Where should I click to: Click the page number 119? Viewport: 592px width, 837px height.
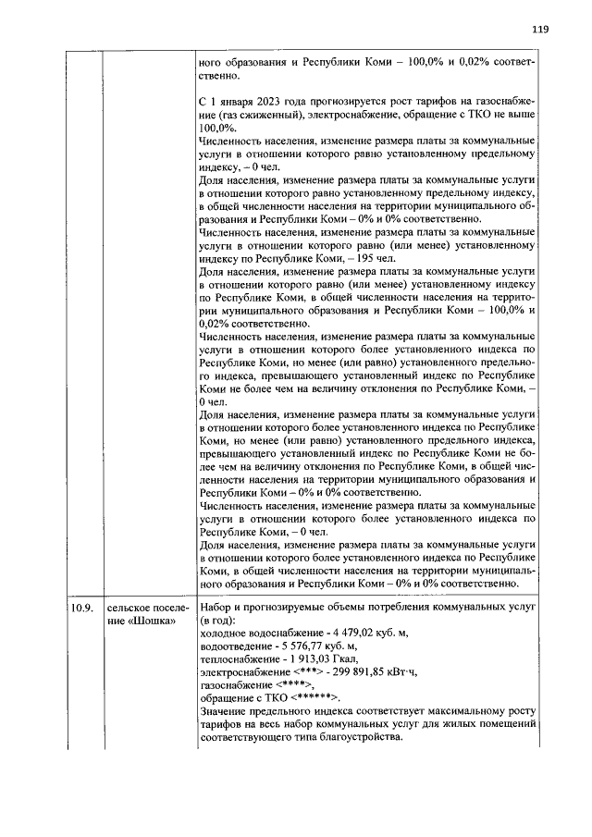pyautogui.click(x=540, y=29)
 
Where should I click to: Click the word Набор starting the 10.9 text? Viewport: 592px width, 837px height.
pyautogui.click(x=216, y=607)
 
